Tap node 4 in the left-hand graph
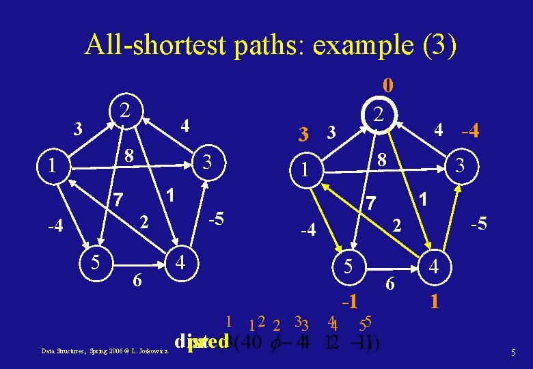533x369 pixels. pyautogui.click(x=179, y=262)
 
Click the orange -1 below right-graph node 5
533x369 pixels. pyautogui.click(x=349, y=299)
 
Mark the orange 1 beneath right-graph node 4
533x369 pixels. pyautogui.click(x=435, y=300)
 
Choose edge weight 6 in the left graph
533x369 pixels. pyautogui.click(x=137, y=279)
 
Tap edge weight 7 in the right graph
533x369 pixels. pyautogui.click(x=370, y=203)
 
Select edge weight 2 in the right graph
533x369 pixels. pyautogui.click(x=394, y=225)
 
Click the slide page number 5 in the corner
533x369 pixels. pyautogui.click(x=513, y=353)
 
